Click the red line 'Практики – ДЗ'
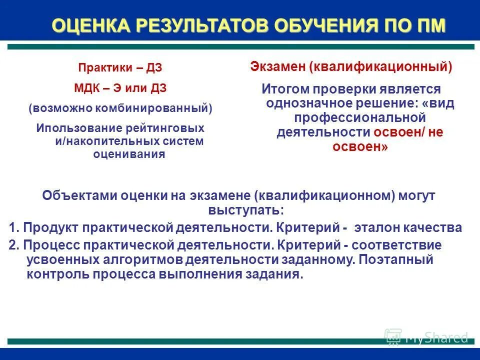tap(120, 68)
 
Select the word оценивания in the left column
tap(129, 154)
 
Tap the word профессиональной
tap(359, 118)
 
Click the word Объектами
tap(79, 195)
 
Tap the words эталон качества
tap(408, 228)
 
